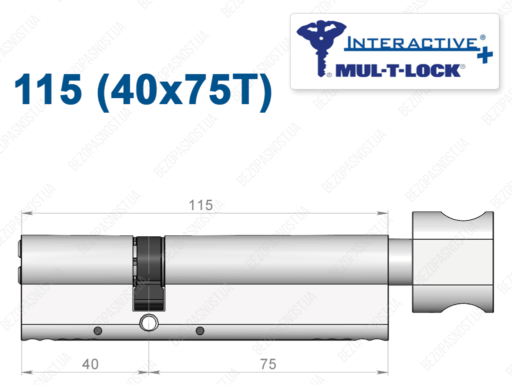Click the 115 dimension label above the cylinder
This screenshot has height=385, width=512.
201,205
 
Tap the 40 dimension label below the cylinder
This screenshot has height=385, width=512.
90,364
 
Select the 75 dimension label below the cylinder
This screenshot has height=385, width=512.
268,364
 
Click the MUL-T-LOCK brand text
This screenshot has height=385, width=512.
398,71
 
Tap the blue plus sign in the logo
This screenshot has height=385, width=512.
485,54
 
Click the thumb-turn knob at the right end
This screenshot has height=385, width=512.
452,262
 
